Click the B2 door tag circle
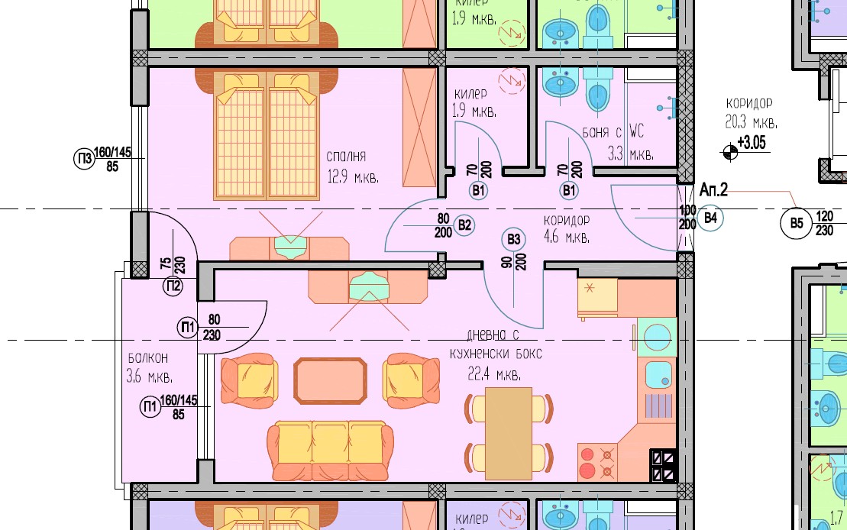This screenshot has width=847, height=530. coord(464,225)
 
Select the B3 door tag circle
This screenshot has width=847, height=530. coord(514,239)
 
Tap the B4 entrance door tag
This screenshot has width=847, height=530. coord(710,218)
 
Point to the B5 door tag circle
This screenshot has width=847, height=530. coord(797,222)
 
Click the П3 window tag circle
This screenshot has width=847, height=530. coord(84,159)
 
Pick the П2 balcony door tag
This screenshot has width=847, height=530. coord(173,286)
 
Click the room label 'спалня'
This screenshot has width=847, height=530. coord(346,157)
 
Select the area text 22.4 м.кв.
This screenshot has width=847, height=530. coord(494,374)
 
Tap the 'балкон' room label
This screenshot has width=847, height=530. coord(148,358)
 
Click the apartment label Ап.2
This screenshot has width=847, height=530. coord(713,189)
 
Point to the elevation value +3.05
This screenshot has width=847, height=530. coord(752,143)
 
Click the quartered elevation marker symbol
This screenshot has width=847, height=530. coord(730,153)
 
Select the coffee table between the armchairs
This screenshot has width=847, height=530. coord(331,381)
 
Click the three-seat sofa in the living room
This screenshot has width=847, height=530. coord(331,451)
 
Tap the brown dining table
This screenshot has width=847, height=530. coord(509,433)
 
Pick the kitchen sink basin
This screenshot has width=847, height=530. coord(658,374)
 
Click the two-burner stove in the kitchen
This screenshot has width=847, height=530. coord(597,463)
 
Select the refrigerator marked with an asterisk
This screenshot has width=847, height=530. coord(597,298)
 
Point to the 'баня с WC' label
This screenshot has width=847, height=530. coord(613,132)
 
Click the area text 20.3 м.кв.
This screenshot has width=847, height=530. coord(751,122)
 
